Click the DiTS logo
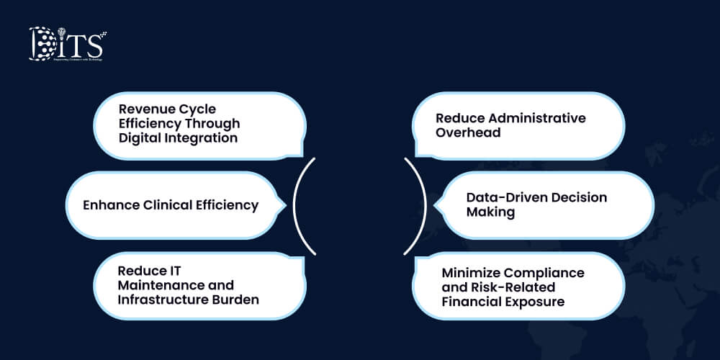point(66,45)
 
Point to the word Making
point(490,212)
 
